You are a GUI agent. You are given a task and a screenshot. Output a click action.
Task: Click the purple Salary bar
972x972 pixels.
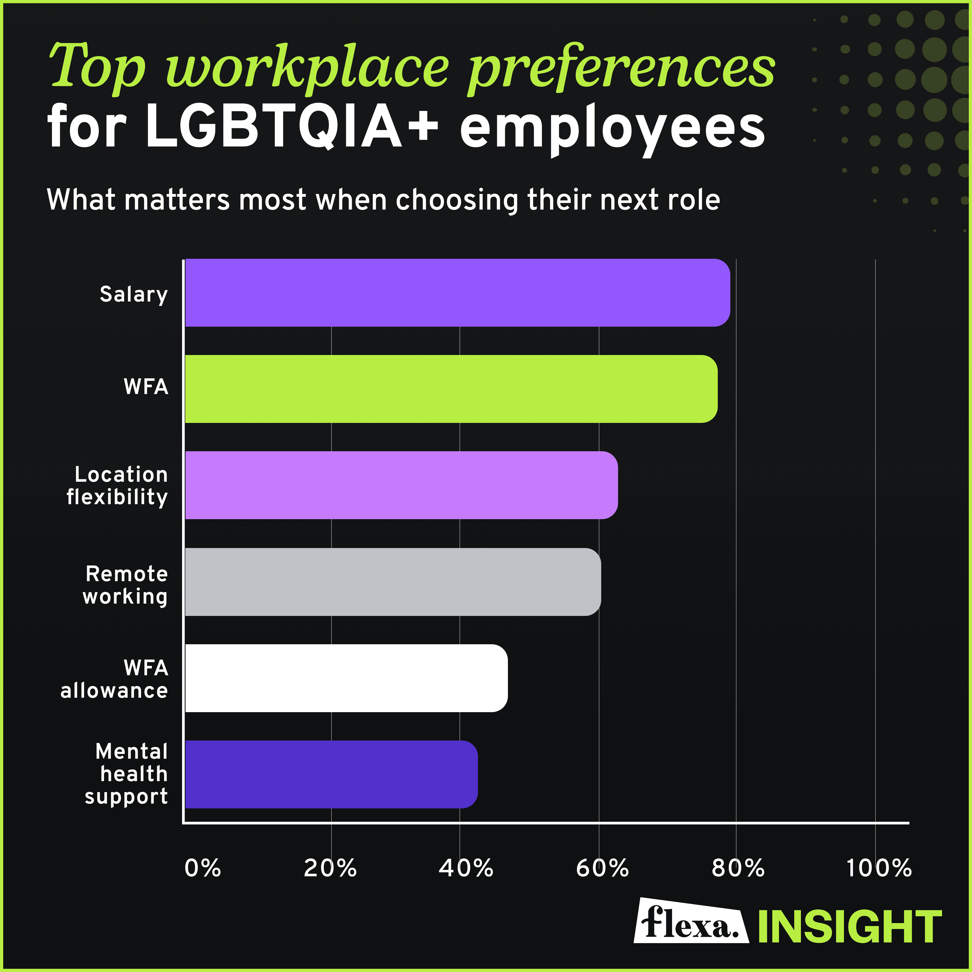click(x=457, y=293)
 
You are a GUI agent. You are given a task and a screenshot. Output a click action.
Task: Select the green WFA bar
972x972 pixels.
click(x=451, y=389)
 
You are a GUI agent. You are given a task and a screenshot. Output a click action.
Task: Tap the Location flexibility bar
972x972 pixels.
click(x=401, y=485)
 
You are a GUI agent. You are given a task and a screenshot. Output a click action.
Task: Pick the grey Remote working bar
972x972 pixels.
click(x=392, y=582)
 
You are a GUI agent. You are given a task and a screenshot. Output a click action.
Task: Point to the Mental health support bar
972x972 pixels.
click(x=331, y=774)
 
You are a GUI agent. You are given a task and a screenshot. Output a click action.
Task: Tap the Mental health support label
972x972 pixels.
click(x=127, y=774)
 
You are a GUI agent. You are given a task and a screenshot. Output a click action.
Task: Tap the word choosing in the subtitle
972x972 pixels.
click(x=457, y=200)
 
